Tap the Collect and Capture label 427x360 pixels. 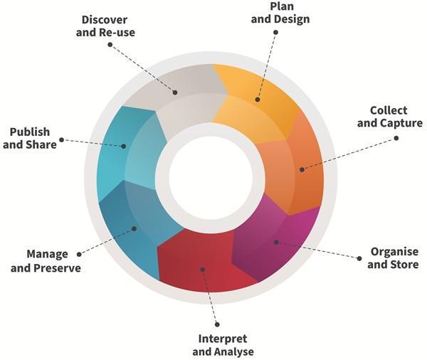[x=389, y=117]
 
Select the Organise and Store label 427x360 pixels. [x=394, y=258]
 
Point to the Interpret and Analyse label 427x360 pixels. [x=223, y=345]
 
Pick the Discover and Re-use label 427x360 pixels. [x=105, y=26]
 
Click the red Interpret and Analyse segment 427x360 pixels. [x=203, y=263]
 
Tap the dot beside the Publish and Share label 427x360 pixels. [x=62, y=139]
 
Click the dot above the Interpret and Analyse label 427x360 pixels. [x=216, y=324]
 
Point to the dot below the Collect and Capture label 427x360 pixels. [x=396, y=139]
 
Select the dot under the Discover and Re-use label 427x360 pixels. [x=110, y=44]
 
